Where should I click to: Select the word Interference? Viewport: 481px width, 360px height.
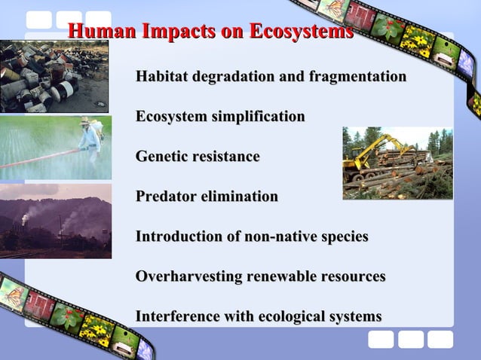click(x=176, y=316)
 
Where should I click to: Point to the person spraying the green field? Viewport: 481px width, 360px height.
click(x=90, y=139)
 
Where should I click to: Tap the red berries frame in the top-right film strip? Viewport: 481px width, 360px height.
click(x=385, y=26)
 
